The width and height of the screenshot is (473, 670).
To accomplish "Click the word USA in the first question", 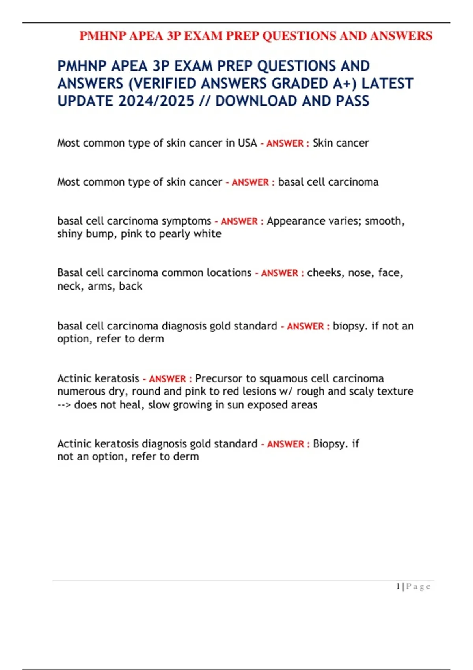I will tap(247, 143).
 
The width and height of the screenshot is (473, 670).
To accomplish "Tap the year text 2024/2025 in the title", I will tap(156, 101).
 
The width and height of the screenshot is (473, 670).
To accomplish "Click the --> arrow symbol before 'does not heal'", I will tap(64, 405).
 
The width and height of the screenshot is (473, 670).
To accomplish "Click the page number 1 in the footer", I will tap(398, 586).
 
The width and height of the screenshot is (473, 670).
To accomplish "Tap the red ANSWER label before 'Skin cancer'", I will tap(285, 143).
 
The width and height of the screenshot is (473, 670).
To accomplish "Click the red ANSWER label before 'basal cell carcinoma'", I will tap(250, 182).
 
